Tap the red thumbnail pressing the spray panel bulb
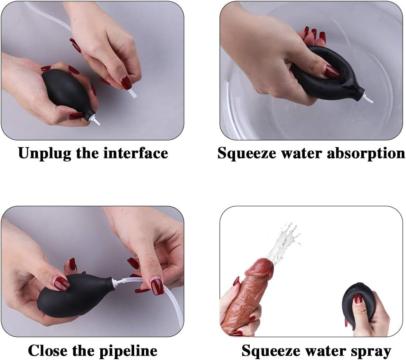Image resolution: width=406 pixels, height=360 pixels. pos(358,298)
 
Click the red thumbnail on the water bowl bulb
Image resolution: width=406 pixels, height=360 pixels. pos(331,71)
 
